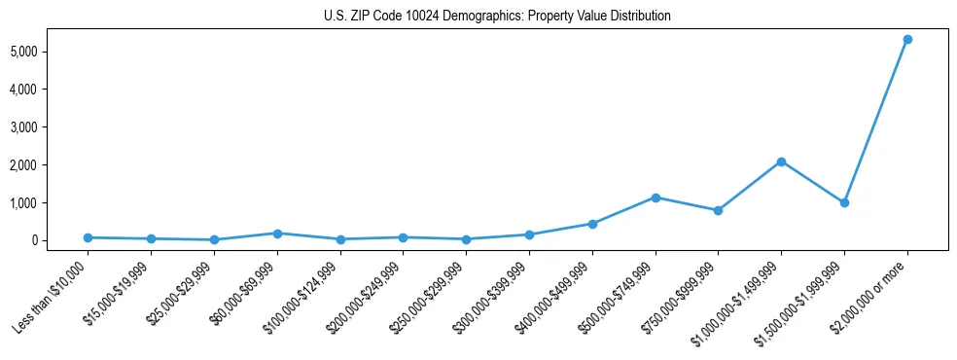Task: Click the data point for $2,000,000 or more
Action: tap(906, 39)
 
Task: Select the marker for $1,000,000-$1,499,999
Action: tap(781, 162)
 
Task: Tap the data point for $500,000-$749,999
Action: tap(656, 198)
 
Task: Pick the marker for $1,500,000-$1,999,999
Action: tap(844, 202)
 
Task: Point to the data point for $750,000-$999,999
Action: tap(718, 210)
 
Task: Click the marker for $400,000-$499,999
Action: tap(592, 224)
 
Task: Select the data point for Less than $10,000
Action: tap(89, 237)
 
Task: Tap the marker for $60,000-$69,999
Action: tap(277, 234)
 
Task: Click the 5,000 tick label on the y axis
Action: tap(50, 51)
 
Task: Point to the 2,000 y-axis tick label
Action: tap(50, 165)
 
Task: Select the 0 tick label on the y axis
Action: tap(60, 241)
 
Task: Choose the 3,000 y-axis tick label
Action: tap(50, 127)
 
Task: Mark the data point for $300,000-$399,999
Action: tap(529, 234)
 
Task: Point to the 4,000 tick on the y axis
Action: tap(50, 90)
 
